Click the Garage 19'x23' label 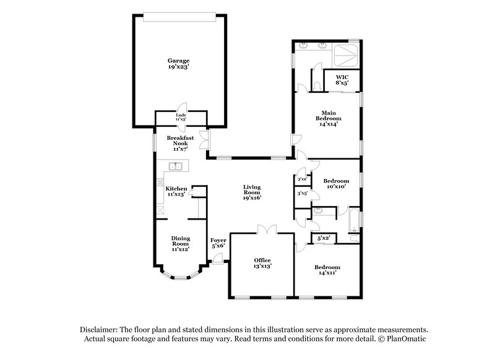click(x=178, y=64)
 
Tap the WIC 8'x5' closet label click(x=342, y=80)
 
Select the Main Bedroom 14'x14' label click(x=330, y=118)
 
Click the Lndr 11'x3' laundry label click(x=181, y=118)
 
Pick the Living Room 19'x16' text click(x=252, y=194)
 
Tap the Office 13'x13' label click(x=262, y=262)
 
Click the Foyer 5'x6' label click(x=218, y=243)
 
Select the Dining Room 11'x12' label click(x=180, y=243)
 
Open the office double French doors click(x=267, y=229)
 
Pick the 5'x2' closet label click(x=324, y=238)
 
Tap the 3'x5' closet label click(x=303, y=194)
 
